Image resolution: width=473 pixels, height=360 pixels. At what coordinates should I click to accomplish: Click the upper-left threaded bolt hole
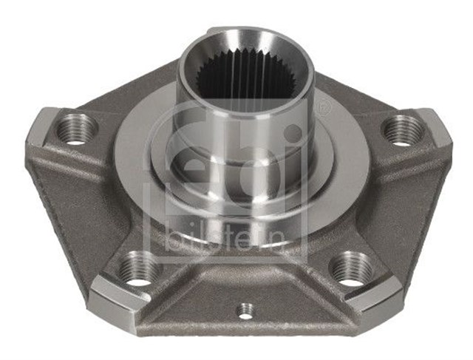[76, 129]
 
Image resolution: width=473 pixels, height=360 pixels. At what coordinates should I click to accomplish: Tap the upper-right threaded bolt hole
[404, 131]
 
